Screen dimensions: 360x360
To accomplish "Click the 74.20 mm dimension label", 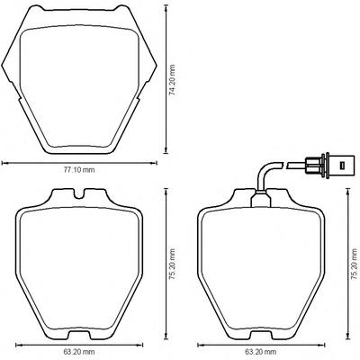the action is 172,80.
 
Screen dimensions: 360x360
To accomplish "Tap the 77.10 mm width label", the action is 79,170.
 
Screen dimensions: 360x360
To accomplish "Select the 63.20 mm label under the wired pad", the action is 261,351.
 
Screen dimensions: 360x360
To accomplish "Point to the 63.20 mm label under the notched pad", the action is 79,351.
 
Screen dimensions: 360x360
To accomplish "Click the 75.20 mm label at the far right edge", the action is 355,264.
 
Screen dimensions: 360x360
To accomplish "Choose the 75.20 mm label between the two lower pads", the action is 172,264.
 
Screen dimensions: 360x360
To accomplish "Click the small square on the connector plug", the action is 341,165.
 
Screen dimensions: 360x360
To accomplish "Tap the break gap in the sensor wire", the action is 285,165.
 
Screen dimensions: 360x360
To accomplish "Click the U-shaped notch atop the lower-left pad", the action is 79,194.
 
